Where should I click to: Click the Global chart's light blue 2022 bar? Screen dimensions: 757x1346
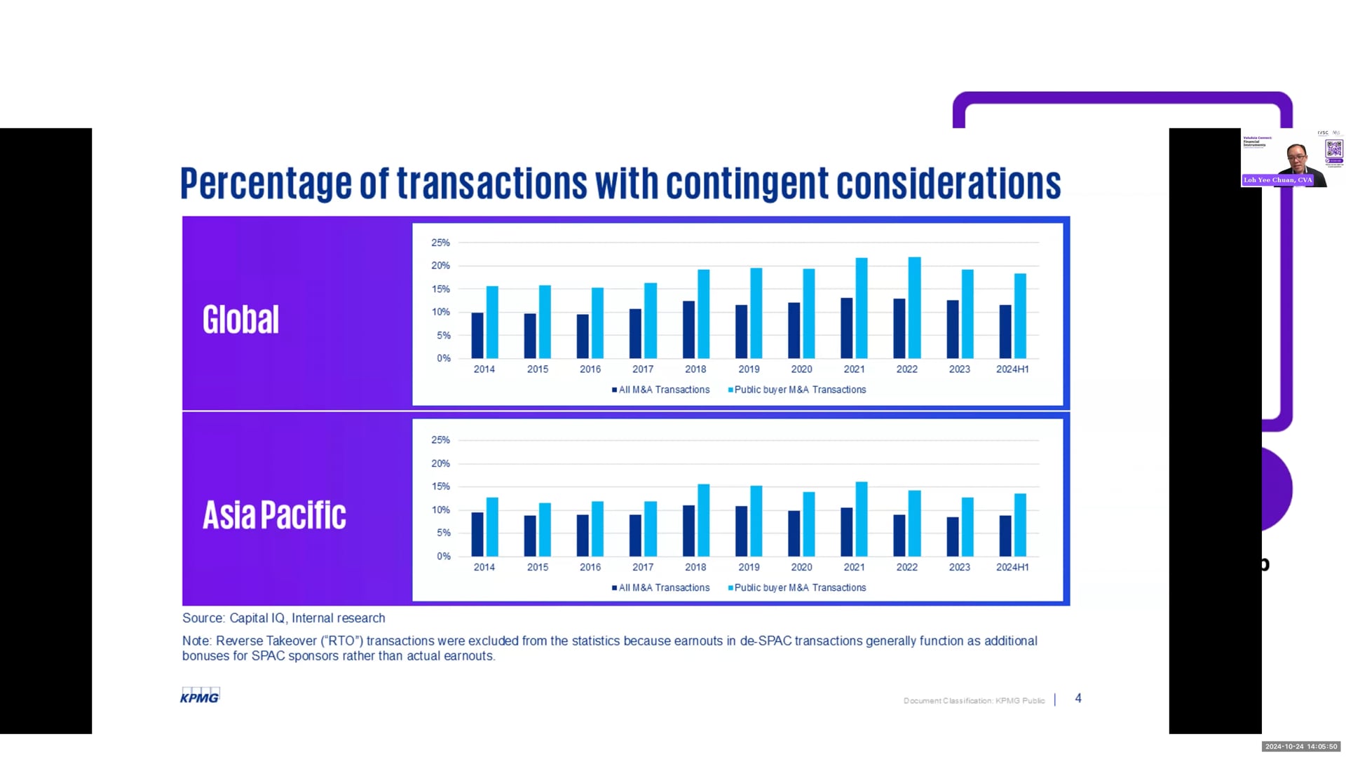914,308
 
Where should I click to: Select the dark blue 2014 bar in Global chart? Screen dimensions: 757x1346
477,336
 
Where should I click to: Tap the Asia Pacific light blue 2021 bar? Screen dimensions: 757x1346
862,519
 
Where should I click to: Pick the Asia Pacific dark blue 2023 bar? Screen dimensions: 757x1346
953,537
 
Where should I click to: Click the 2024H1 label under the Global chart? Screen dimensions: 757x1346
1012,369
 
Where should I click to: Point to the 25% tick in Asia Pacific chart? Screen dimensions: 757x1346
440,440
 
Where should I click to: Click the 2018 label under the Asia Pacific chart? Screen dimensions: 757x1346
695,567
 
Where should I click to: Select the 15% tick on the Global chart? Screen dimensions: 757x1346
440,289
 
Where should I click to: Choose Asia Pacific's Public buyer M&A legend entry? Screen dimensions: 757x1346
797,588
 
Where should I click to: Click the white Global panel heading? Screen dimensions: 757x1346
240,320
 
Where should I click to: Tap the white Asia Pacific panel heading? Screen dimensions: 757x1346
274,515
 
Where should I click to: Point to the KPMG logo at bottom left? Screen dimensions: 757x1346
200,696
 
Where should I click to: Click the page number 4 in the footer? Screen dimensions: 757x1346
1078,699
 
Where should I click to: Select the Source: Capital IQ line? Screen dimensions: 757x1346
283,618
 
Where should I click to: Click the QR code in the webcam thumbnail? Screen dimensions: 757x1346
1333,149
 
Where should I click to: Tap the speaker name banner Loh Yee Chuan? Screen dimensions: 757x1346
1277,180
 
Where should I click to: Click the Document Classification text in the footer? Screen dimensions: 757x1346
974,700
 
